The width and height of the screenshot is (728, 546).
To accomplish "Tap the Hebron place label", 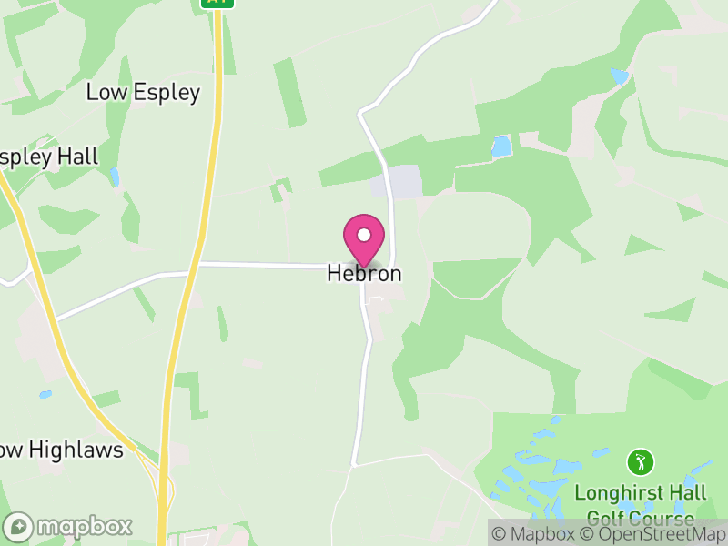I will [364, 273].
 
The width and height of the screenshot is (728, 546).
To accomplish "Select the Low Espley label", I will [143, 92].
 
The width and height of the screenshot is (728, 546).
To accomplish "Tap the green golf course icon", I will [641, 461].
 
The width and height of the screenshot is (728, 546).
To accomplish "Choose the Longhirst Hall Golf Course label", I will [641, 506].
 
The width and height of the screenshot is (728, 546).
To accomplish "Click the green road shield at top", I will [217, 3].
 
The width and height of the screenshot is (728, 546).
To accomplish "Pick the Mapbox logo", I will [68, 526].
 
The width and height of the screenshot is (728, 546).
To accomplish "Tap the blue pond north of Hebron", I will [501, 146].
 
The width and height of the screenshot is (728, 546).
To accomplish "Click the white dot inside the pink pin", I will [364, 236].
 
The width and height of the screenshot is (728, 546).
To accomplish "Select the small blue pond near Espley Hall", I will [114, 176].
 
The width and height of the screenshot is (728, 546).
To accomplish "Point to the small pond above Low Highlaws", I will [45, 395].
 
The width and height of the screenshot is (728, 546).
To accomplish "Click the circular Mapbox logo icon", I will [18, 526].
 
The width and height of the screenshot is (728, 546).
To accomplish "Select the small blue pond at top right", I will [620, 76].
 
